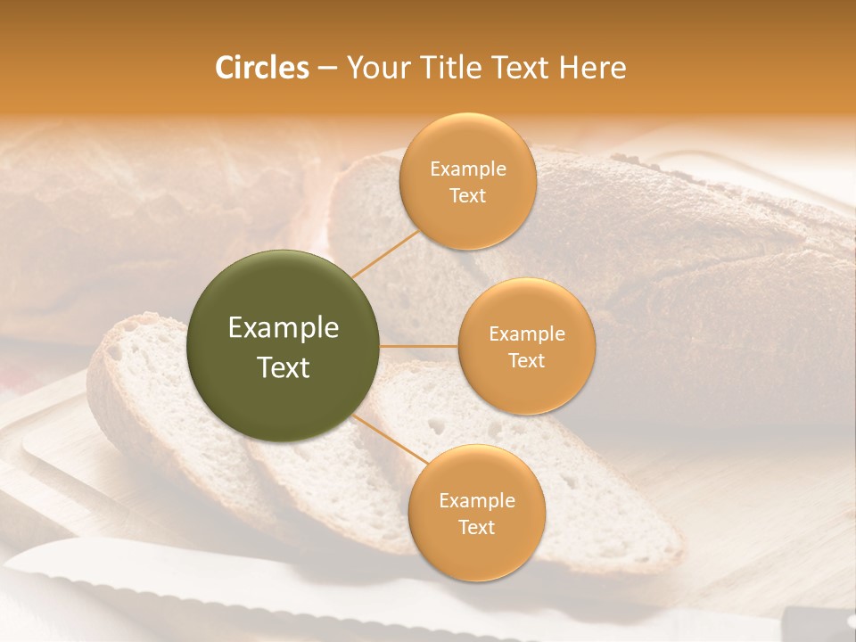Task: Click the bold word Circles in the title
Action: click(262, 68)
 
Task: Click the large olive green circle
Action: click(284, 346)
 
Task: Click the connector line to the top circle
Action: click(385, 251)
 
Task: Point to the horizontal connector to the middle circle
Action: click(419, 346)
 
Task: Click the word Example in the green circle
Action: click(284, 328)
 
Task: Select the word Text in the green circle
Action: click(284, 367)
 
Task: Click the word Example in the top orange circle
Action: click(467, 169)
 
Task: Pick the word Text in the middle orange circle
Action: click(526, 361)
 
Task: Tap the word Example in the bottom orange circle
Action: click(476, 501)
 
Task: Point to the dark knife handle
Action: click(816, 620)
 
